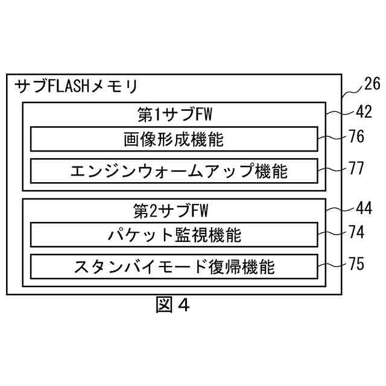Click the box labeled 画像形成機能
pyautogui.click(x=174, y=139)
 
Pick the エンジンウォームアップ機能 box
pyautogui.click(x=174, y=171)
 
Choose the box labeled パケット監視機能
pyautogui.click(x=174, y=235)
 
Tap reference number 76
pyautogui.click(x=356, y=137)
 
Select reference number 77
pyautogui.click(x=356, y=168)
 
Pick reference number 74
pyautogui.click(x=356, y=232)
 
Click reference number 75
pyautogui.click(x=356, y=263)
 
